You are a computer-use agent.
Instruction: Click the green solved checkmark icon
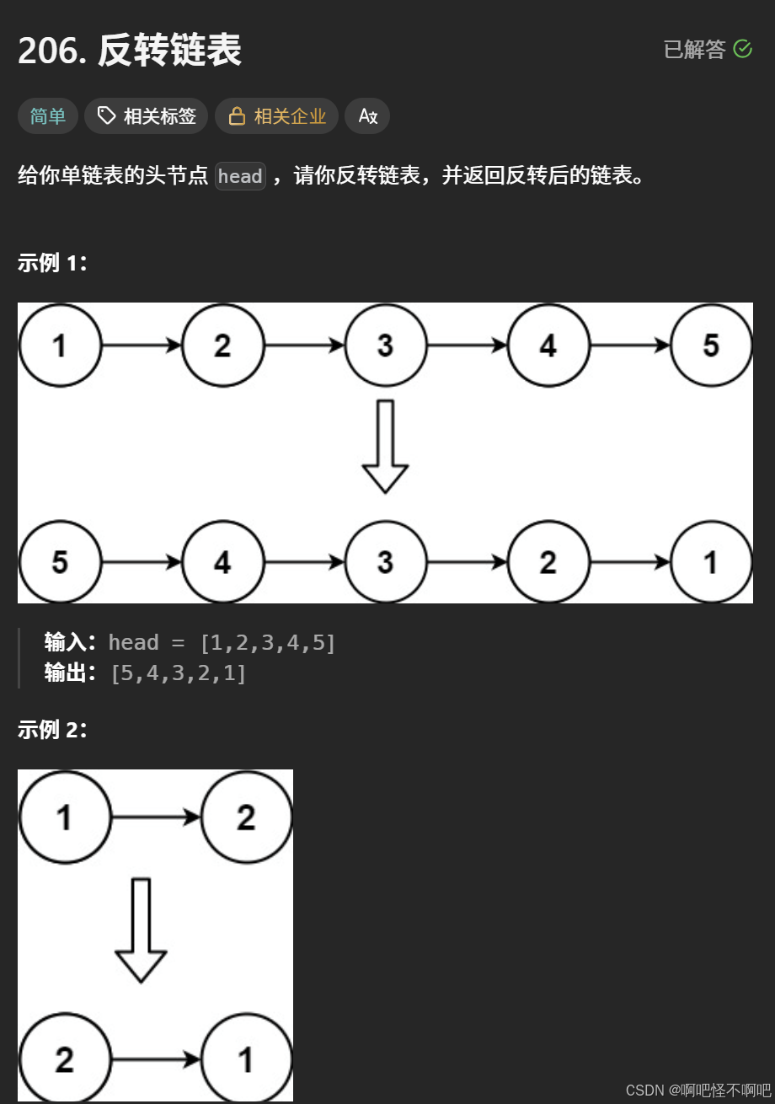[742, 49]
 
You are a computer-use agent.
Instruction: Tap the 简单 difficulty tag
[48, 116]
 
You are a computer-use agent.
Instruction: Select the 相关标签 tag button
[147, 116]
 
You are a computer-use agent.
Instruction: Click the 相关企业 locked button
[277, 116]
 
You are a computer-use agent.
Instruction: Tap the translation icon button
[367, 116]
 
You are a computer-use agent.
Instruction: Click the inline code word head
[240, 176]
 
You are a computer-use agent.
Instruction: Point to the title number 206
[51, 51]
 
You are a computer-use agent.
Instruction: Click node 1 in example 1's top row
[60, 346]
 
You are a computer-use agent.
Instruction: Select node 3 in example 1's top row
[385, 346]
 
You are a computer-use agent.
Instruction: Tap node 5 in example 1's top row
[711, 346]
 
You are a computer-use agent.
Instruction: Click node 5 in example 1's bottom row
[60, 562]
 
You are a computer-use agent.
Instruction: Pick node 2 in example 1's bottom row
[548, 562]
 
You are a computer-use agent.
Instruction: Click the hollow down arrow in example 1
[385, 447]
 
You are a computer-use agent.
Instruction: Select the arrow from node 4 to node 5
[630, 346]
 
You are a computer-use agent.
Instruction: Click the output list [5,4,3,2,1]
[179, 673]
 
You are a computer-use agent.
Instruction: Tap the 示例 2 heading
[52, 730]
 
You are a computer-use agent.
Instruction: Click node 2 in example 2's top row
[246, 817]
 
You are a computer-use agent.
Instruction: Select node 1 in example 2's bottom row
[246, 1059]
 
